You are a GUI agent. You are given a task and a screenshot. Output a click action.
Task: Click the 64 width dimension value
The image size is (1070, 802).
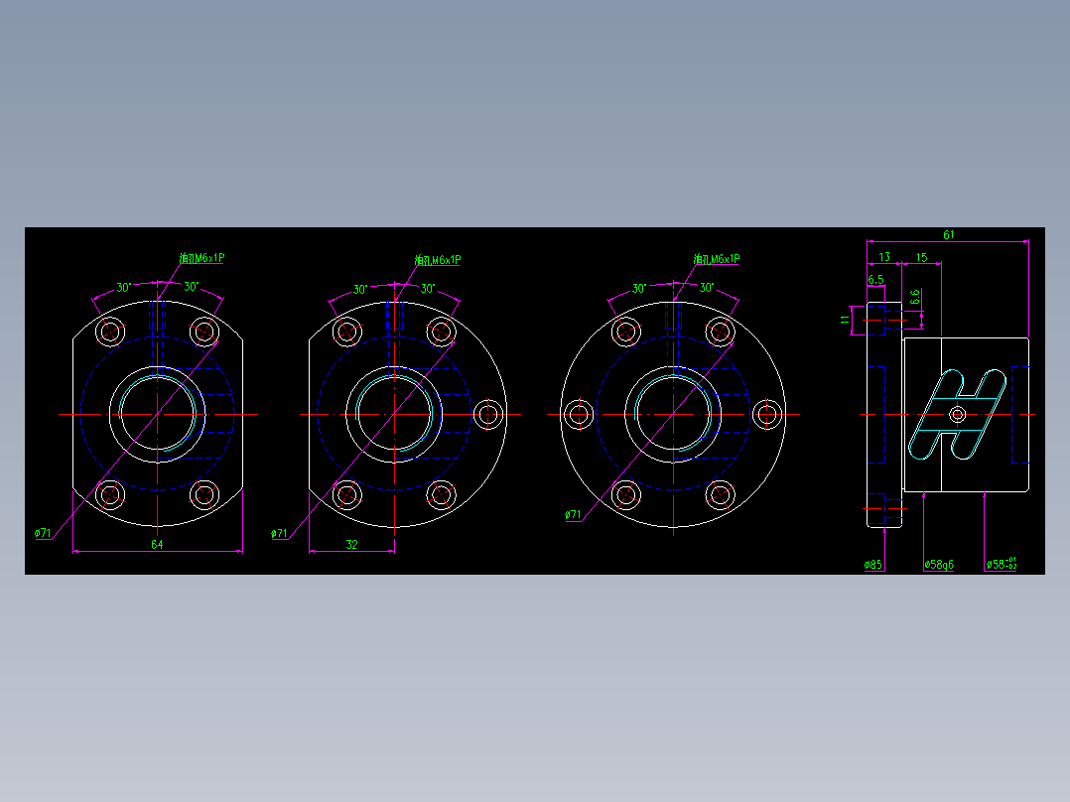point(157,544)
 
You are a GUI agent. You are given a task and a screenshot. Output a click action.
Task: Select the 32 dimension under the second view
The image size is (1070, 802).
point(351,544)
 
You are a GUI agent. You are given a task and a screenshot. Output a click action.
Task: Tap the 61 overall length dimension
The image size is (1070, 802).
point(949,234)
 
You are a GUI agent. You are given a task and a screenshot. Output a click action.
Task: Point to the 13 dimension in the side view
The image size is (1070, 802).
point(883,257)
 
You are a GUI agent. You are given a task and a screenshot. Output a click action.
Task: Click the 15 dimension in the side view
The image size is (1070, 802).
point(921,257)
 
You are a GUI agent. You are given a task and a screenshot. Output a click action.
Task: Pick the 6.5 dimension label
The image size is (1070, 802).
point(875,279)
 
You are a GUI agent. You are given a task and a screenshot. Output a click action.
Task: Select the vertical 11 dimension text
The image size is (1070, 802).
point(846,320)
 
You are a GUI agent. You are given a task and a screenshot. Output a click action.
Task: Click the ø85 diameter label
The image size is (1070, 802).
point(873,565)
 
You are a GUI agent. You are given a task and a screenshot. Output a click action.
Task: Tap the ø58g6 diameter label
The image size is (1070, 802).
point(938,565)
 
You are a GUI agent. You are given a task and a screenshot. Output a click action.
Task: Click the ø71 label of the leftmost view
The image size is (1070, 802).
point(43,533)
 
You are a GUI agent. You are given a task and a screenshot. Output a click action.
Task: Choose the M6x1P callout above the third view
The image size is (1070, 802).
point(717,259)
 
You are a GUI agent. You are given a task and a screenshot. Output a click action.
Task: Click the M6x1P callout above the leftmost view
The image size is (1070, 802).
point(202,258)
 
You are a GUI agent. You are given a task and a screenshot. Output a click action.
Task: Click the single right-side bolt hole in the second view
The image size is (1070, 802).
point(487,415)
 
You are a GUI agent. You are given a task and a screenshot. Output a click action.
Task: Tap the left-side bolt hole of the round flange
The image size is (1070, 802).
point(579,415)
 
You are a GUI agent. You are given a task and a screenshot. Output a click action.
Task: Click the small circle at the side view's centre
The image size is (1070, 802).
point(958,414)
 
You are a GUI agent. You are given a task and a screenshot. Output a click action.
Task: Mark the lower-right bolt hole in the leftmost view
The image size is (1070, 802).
point(204,493)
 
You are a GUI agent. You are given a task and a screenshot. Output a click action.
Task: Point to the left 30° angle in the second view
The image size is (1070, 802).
point(361,290)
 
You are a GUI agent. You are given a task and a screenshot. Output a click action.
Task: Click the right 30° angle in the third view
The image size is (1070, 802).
point(707,288)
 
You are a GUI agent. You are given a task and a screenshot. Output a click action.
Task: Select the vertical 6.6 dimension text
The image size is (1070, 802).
point(914,296)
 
